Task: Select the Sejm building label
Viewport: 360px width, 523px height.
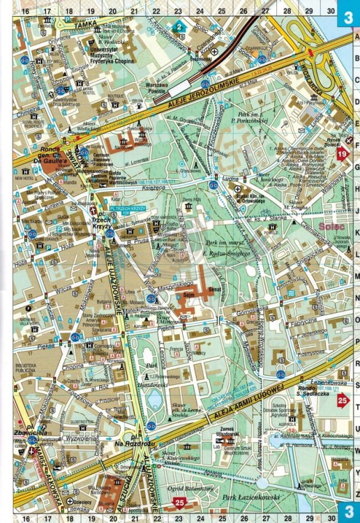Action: tap(186, 296)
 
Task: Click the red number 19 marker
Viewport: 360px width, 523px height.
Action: tap(342, 154)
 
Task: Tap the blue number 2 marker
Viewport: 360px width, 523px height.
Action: tap(179, 26)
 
